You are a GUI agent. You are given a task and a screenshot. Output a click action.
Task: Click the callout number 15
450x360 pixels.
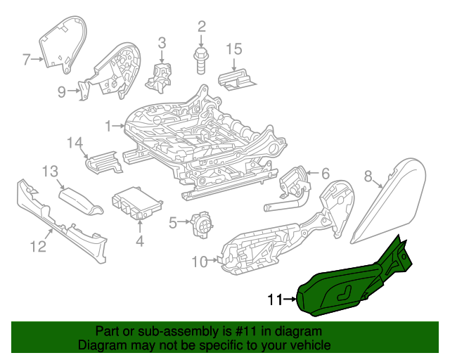coord(233,49)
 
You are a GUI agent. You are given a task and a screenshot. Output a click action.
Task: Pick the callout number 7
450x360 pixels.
coord(27,60)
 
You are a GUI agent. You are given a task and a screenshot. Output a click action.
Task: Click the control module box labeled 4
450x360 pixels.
coord(136,204)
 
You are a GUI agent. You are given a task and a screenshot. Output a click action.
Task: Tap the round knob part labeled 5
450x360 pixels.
coord(203,224)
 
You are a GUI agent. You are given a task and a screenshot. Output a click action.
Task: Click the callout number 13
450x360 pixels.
coord(49,171)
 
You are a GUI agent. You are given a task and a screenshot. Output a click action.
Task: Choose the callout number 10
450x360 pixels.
coord(198,262)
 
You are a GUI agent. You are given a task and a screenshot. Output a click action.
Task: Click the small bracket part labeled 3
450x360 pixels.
coord(161,73)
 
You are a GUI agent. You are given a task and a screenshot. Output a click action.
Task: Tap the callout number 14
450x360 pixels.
coord(75,143)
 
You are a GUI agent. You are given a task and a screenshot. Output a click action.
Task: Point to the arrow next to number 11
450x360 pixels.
coord(290,300)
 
